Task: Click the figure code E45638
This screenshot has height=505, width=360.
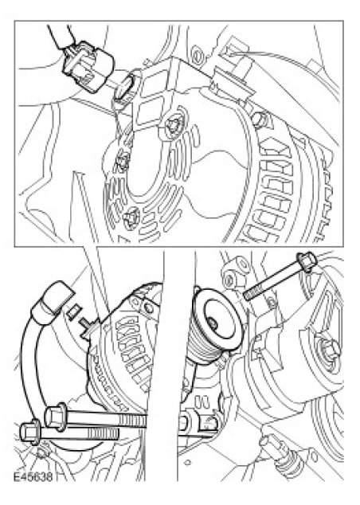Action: pyautogui.click(x=33, y=476)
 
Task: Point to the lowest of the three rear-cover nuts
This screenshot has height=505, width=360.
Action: pyautogui.click(x=131, y=218)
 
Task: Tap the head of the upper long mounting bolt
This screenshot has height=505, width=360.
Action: pyautogui.click(x=55, y=417)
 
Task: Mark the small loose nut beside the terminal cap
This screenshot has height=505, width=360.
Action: pyautogui.click(x=74, y=311)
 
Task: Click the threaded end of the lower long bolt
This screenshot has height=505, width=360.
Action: pyautogui.click(x=102, y=433)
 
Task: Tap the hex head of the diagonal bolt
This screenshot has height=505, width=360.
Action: pyautogui.click(x=306, y=262)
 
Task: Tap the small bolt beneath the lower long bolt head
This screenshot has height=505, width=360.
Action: pyautogui.click(x=41, y=455)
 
